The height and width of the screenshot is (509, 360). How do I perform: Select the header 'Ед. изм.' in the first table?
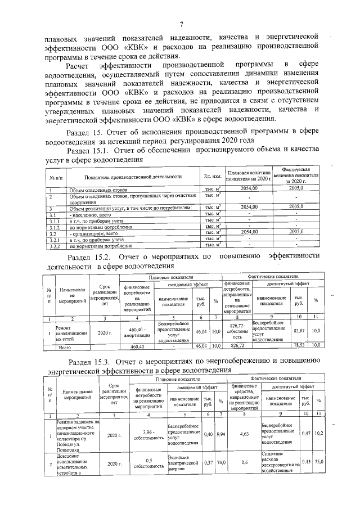click(211, 177)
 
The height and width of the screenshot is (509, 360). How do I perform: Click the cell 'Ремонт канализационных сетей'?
click(71, 332)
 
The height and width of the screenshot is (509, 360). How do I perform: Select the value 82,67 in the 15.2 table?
click(299, 332)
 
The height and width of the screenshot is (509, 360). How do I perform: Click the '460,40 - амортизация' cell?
click(137, 332)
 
